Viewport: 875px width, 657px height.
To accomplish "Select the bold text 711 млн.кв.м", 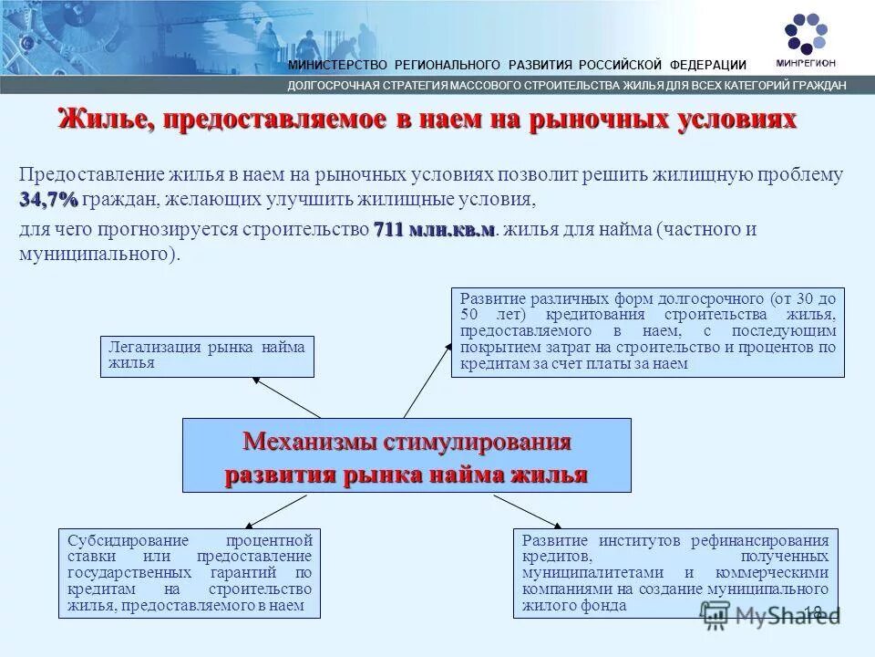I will [434, 229].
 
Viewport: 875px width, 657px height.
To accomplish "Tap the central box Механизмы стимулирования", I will [407, 455].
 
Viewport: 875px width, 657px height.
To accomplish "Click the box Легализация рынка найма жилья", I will [206, 355].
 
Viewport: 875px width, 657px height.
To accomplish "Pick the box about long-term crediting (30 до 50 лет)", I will [647, 331].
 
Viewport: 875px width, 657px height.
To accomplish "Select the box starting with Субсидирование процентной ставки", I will [190, 572].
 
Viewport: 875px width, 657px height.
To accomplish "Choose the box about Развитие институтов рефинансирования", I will [675, 572].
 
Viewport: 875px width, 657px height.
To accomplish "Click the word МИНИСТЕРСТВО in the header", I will [339, 65].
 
